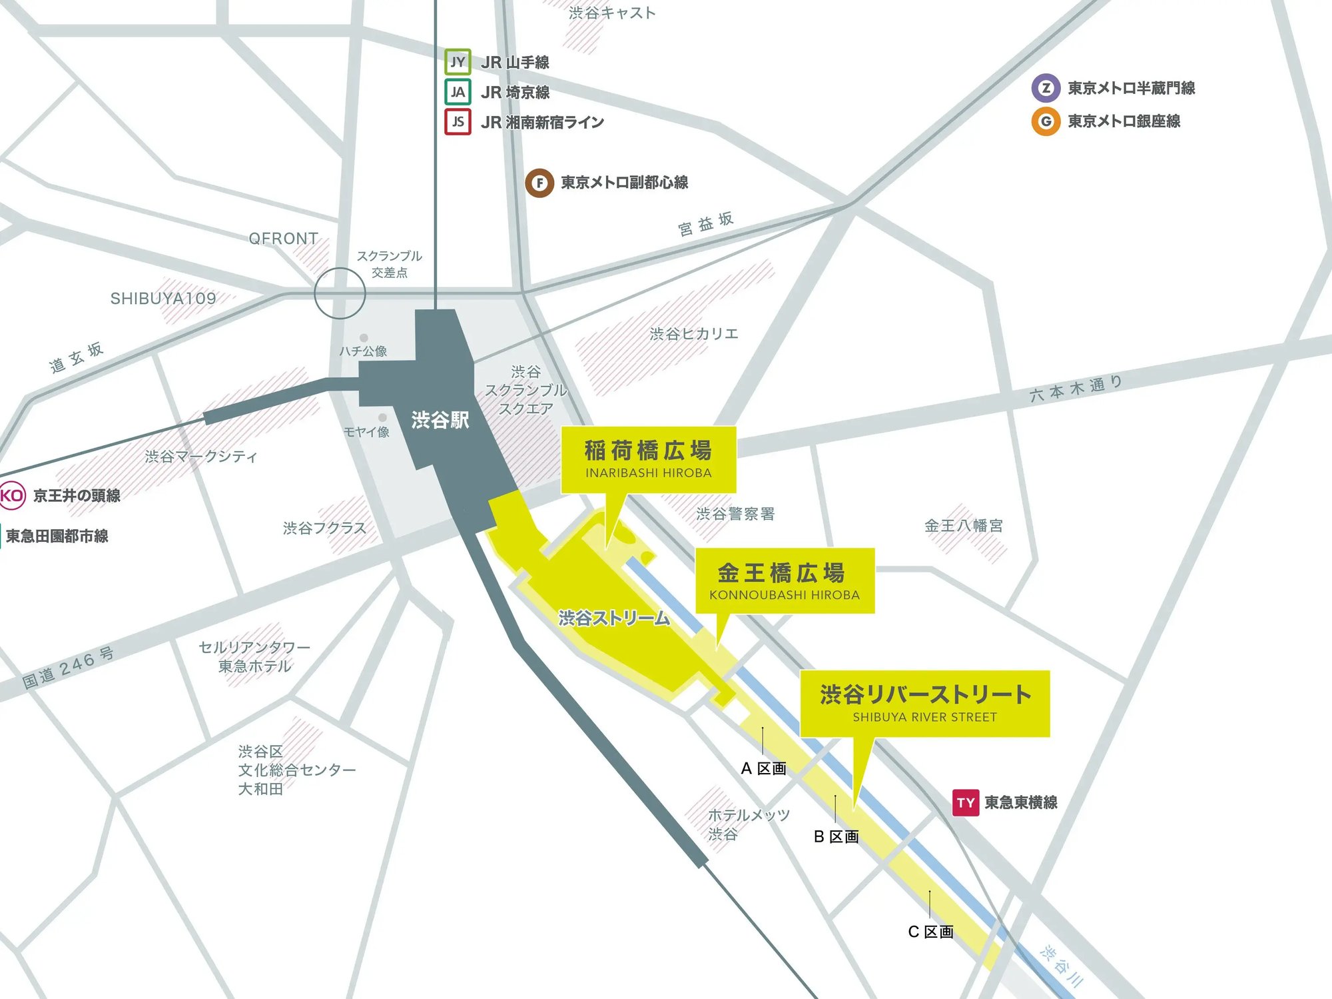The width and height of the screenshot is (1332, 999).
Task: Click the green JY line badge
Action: pos(458,62)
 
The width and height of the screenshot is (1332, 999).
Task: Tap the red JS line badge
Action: pos(458,121)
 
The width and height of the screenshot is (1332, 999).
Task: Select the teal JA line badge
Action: pos(458,92)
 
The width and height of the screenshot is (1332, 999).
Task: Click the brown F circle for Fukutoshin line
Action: pos(539,183)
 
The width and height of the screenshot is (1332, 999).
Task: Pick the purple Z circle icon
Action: pos(1046,88)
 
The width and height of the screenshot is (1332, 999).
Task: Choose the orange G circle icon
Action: pos(1046,121)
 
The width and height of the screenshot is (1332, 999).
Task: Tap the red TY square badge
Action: pos(966,803)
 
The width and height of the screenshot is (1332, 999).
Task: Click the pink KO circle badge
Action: pos(11,495)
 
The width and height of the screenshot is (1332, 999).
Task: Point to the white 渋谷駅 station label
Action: pos(440,420)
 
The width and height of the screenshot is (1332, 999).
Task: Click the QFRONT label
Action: pos(283,239)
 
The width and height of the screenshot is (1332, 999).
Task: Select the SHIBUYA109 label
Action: pos(163,299)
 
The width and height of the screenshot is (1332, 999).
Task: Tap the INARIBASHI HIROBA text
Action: pos(648,473)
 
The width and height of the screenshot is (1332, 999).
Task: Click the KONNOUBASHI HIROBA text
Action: pos(784,595)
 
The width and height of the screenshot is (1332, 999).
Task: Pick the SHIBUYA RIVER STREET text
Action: pos(924,717)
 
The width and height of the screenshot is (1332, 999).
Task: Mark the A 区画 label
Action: pos(763,768)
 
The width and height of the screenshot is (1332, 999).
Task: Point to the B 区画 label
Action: pos(836,837)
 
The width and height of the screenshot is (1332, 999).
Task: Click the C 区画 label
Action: pos(930,932)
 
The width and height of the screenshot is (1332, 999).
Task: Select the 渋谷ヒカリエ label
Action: pos(694,334)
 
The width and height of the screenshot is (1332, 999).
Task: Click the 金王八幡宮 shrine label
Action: pos(963,526)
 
